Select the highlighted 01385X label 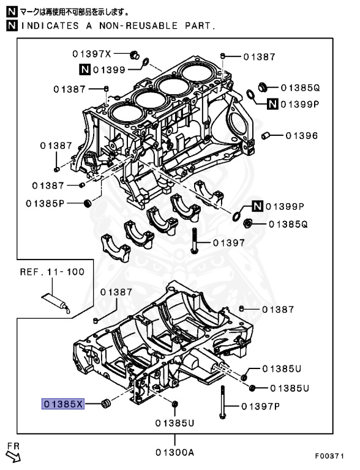tap(62, 404)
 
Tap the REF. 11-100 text tap(52, 271)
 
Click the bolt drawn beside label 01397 tap(194, 242)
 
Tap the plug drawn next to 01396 tap(267, 135)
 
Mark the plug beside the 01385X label tap(105, 403)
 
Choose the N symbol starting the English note tap(10, 26)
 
